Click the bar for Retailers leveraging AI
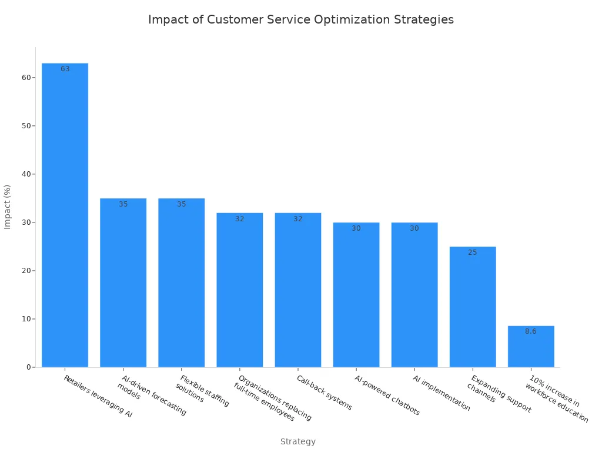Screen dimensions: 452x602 (65, 215)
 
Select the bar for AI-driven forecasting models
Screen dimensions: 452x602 (123, 282)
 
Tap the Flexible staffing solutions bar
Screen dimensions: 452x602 (181, 282)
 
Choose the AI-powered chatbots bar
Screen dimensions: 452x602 (356, 294)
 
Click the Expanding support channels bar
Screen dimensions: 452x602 (473, 307)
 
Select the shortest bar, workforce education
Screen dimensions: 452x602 (531, 347)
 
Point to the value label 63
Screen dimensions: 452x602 (65, 69)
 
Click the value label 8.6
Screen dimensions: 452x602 (531, 331)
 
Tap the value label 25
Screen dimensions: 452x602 (473, 252)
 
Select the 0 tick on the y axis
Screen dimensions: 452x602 (28, 367)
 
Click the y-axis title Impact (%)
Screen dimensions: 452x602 (8, 207)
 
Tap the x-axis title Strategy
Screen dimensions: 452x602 (298, 441)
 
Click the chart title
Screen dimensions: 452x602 (301, 19)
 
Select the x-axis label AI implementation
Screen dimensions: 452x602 (441, 393)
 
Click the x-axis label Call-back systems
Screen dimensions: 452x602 (324, 393)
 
